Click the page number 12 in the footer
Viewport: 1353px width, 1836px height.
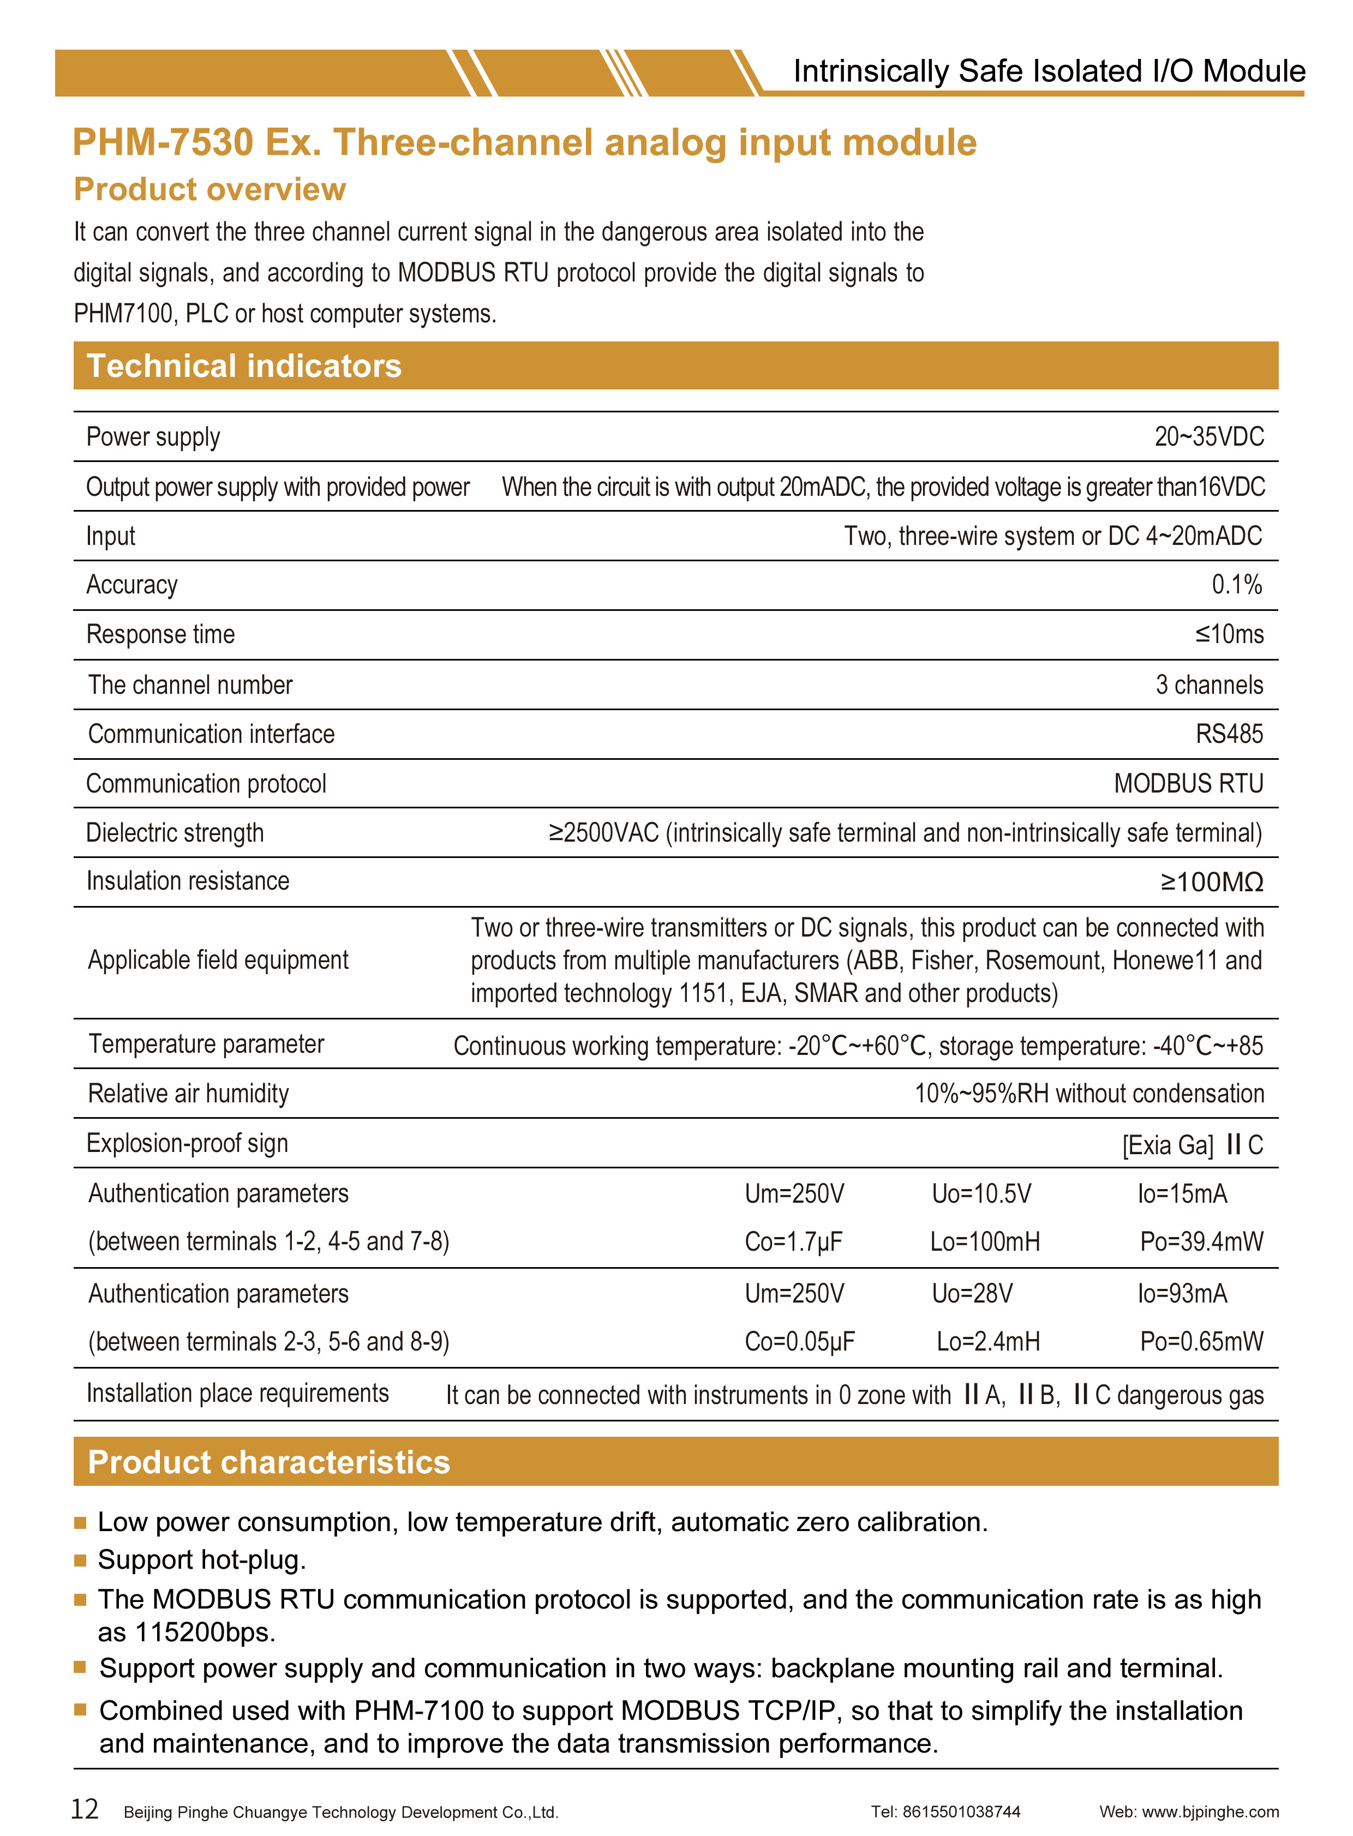pyautogui.click(x=85, y=1808)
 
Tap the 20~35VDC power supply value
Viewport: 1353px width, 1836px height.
pyautogui.click(x=1209, y=436)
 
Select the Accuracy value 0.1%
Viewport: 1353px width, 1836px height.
pyautogui.click(x=1237, y=585)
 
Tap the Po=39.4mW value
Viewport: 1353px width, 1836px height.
pyautogui.click(x=1201, y=1243)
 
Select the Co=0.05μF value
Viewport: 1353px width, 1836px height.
pyautogui.click(x=799, y=1341)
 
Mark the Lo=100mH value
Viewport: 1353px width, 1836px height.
pyautogui.click(x=985, y=1243)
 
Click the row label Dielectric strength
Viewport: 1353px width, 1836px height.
pyautogui.click(x=175, y=833)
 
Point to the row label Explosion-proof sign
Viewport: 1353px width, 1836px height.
pyautogui.click(x=188, y=1143)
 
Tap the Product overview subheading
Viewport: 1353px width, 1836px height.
pyautogui.click(x=209, y=189)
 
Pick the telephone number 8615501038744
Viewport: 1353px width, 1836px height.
pyautogui.click(x=961, y=1812)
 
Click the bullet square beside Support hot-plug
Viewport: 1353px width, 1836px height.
pyautogui.click(x=80, y=1561)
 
